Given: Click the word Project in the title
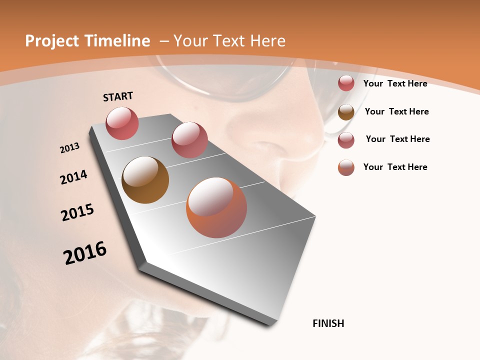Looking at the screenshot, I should pos(50,41).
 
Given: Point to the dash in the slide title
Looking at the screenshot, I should pos(164,41).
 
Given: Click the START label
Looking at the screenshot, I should pos(118,96).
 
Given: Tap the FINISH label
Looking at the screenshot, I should pos(328,323).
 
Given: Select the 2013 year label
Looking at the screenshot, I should pos(70,148).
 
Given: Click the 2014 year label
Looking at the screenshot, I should pos(74,177).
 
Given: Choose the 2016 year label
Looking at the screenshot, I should pos(85,253).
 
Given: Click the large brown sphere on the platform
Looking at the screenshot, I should pos(145,180).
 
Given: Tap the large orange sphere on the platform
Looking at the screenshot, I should pos(216,207).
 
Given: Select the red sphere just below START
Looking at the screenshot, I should pos(122,123).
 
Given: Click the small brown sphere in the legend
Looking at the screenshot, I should pos(346,112).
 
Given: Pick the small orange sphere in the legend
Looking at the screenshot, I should pos(346,167).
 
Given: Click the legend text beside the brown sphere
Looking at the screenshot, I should pos(396,111).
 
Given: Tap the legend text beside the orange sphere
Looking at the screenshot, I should pos(395,167).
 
